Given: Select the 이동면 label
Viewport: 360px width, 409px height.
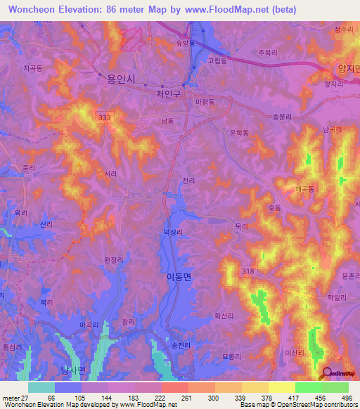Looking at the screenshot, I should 178,277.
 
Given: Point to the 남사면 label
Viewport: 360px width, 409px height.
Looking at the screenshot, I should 72,370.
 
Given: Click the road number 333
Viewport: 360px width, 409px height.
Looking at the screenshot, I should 105,117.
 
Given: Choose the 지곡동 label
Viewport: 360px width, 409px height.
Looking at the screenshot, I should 33,68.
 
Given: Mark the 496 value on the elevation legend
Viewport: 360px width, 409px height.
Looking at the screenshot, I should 345,398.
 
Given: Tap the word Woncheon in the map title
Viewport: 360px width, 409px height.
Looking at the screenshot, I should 34,9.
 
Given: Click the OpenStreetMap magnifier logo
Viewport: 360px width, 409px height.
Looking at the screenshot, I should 328,373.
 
